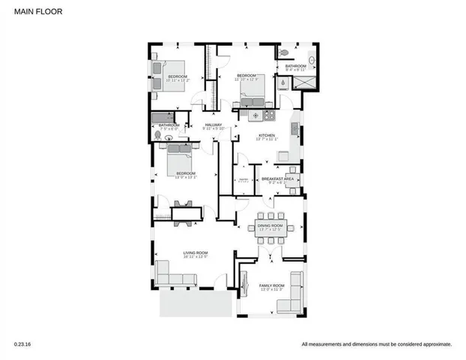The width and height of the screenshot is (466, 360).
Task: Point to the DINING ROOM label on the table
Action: (x=270, y=224)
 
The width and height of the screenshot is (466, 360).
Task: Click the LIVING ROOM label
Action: (x=196, y=253)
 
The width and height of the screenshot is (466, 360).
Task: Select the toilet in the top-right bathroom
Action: (x=285, y=52)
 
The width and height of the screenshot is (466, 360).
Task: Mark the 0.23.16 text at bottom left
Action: (x=23, y=344)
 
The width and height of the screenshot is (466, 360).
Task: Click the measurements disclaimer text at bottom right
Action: (x=376, y=344)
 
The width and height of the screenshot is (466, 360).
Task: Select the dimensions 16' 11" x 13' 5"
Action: (x=196, y=258)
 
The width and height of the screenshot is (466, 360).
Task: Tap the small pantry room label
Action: (x=243, y=181)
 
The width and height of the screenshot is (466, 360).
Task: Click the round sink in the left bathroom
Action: (x=158, y=136)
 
